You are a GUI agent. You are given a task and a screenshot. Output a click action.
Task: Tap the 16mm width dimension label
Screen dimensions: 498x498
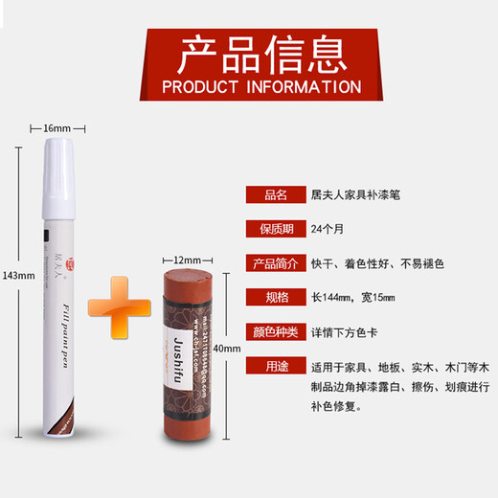point(57,128)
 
